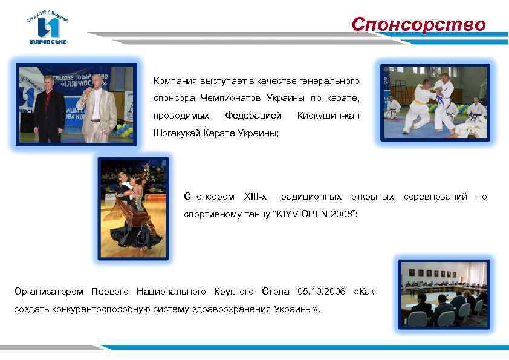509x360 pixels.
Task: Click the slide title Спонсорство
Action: coord(419,24)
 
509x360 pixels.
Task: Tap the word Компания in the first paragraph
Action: coord(173,81)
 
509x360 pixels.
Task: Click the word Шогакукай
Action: coord(176,132)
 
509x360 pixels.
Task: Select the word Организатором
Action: coord(49,292)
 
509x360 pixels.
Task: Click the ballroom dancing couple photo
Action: coord(132,208)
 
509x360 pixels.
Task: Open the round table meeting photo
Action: coord(443,294)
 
